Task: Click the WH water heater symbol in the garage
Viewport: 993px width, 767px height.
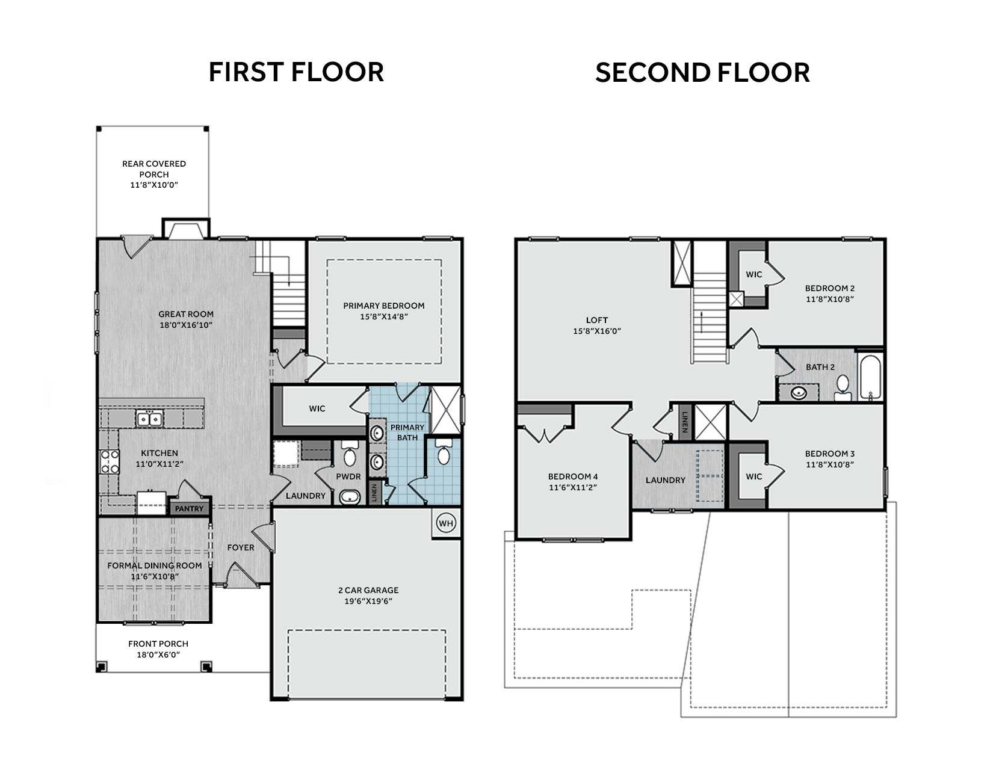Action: click(x=445, y=523)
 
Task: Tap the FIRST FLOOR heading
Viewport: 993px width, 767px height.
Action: click(x=296, y=72)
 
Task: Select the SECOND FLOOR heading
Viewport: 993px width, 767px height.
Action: click(x=702, y=73)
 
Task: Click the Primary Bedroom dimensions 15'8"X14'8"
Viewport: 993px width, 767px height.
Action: click(x=384, y=316)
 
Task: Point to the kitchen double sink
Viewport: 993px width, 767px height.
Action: click(x=149, y=418)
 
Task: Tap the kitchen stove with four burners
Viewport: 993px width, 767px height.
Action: click(x=110, y=462)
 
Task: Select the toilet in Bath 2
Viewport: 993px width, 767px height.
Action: click(x=843, y=387)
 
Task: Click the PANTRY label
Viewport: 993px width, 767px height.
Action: click(x=189, y=508)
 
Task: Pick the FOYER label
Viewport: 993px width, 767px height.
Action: click(x=241, y=547)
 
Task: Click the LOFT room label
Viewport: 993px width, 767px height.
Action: click(x=597, y=320)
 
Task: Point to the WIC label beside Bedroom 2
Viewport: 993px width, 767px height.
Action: click(x=754, y=274)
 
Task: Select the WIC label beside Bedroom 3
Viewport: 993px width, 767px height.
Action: click(x=754, y=476)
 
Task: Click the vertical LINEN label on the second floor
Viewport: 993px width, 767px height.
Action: click(x=684, y=422)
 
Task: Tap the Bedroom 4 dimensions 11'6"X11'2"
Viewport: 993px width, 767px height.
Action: click(x=573, y=487)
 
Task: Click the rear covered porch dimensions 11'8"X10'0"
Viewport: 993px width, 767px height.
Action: click(x=154, y=185)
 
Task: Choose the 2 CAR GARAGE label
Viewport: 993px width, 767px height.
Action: click(x=368, y=590)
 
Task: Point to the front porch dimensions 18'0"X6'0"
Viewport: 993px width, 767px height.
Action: click(x=158, y=655)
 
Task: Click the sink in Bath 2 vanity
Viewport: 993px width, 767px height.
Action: click(x=799, y=392)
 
